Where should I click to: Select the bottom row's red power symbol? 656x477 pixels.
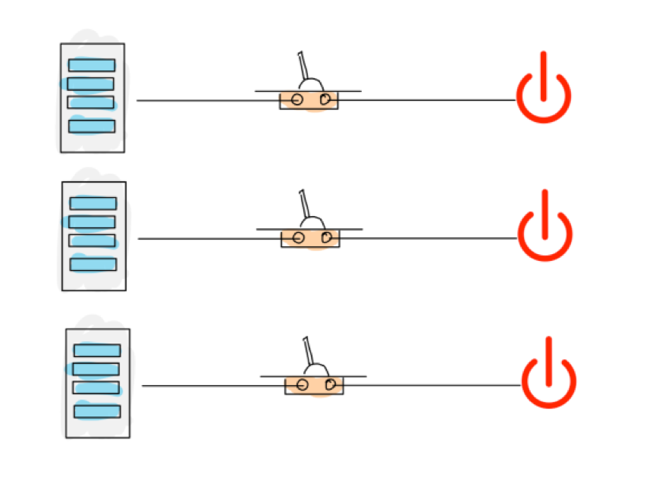point(548,375)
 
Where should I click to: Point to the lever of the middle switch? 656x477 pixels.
point(305,205)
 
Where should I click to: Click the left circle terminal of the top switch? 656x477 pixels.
point(297,100)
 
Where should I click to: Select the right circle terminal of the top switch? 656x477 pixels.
point(325,99)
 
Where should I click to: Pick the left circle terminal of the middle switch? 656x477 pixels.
point(299,238)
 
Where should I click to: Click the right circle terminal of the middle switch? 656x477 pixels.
point(327,238)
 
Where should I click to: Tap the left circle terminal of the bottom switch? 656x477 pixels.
point(303,385)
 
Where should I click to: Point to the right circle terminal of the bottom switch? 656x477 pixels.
point(331,384)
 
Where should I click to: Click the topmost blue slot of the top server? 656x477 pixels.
point(92,65)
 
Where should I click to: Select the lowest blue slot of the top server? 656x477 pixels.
point(92,126)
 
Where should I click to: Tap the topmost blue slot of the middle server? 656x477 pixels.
point(93,203)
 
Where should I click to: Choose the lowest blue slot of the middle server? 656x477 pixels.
point(93,264)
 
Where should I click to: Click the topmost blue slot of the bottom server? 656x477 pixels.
point(97,350)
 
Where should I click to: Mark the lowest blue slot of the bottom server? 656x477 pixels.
point(97,411)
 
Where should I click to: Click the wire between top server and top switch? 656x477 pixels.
point(205,100)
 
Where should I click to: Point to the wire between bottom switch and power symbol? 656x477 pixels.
point(432,385)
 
